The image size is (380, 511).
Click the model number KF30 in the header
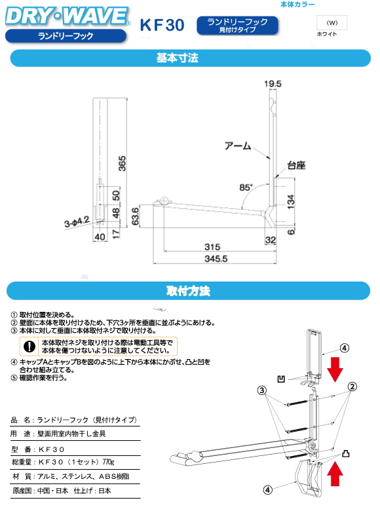click(x=162, y=25)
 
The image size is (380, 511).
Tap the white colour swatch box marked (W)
click(x=332, y=22)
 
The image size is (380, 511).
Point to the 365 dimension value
click(x=122, y=164)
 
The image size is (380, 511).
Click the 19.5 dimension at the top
click(x=273, y=84)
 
